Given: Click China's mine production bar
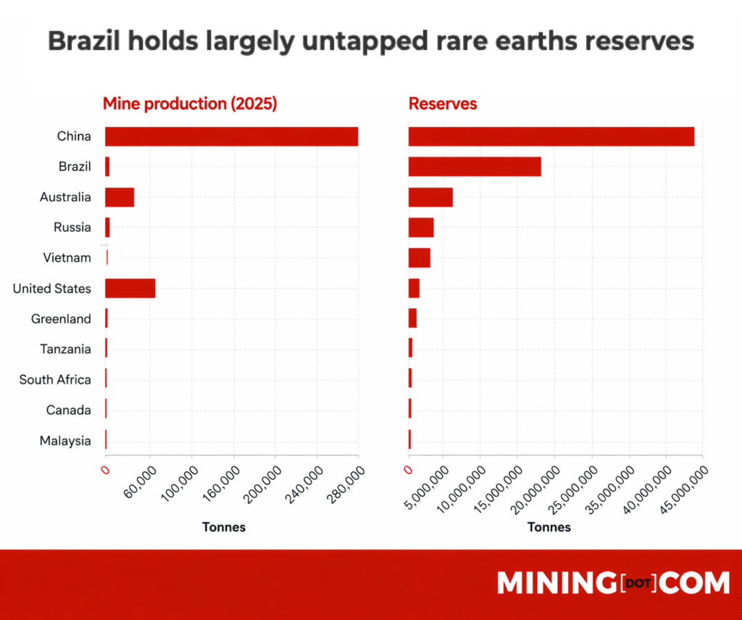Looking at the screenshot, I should [x=231, y=136].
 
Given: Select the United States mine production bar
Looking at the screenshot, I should [x=130, y=289].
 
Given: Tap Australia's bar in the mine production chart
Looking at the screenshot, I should [x=120, y=197].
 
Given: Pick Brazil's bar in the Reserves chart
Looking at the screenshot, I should [x=475, y=167].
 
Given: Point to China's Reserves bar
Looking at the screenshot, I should [x=551, y=136].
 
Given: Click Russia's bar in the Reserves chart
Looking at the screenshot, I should [x=421, y=228].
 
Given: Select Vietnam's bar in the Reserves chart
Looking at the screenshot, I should [x=420, y=258].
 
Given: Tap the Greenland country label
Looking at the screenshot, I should [x=61, y=319].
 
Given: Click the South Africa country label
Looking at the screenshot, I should [x=55, y=380].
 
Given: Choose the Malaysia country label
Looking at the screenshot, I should [x=65, y=441].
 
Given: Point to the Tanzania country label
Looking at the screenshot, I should [x=66, y=350].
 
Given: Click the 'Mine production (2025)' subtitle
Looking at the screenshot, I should [x=190, y=104].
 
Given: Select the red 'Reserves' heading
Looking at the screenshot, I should [x=443, y=104].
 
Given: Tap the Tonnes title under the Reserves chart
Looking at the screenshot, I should [x=549, y=527].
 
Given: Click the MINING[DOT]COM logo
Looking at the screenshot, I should [x=613, y=584].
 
